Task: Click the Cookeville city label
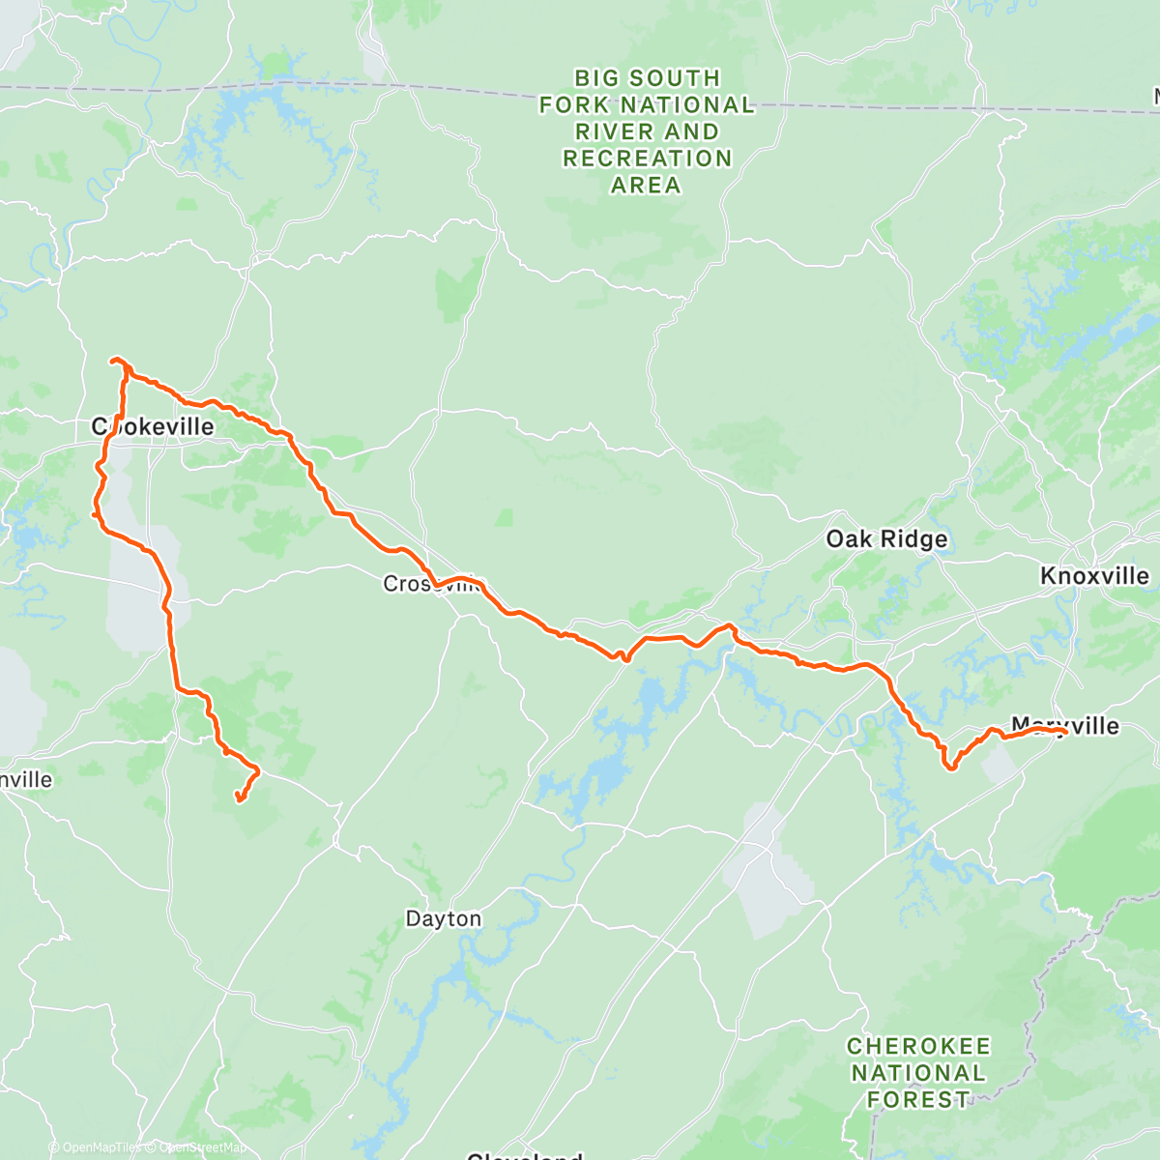tap(153, 426)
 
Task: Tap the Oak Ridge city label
tap(886, 539)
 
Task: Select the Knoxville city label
tap(1094, 576)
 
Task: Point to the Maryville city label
tap(1065, 725)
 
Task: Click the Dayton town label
tap(443, 918)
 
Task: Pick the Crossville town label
tap(432, 584)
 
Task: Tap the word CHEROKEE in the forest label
tap(918, 1047)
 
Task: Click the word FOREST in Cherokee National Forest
tap(918, 1100)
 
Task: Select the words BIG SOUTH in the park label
tap(647, 78)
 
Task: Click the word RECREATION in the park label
tap(647, 159)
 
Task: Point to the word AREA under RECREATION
tap(646, 186)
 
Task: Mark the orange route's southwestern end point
tap(238, 797)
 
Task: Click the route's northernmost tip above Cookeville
tap(116, 361)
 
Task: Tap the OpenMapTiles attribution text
tap(96, 1147)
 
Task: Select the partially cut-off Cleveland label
tap(524, 1155)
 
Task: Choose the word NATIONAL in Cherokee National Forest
tap(918, 1073)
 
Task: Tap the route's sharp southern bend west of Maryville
tap(950, 768)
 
